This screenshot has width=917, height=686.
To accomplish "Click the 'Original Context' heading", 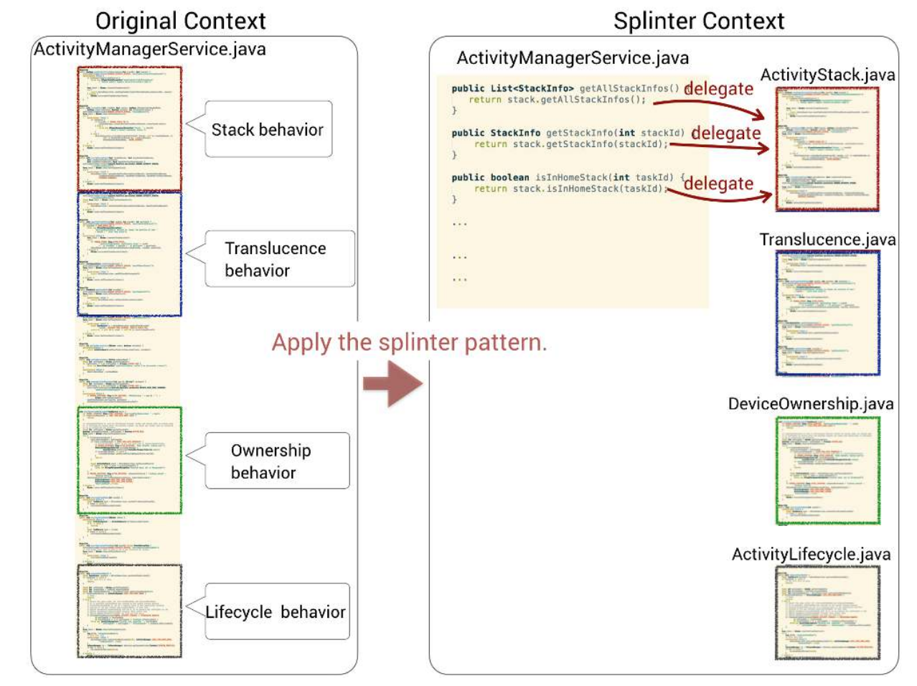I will pyautogui.click(x=180, y=21).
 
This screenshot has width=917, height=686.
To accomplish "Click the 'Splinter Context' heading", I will pyautogui.click(x=698, y=21).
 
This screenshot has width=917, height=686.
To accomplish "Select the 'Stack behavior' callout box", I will pyautogui.click(x=268, y=130).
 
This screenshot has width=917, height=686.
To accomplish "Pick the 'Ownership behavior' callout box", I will pyautogui.click(x=276, y=461).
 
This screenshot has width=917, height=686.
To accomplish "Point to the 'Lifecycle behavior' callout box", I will pyautogui.click(x=276, y=612).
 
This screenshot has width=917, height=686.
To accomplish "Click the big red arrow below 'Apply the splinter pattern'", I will pyautogui.click(x=392, y=384).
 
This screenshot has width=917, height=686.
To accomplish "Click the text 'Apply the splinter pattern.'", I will pyautogui.click(x=409, y=342).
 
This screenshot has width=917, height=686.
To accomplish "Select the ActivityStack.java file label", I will pyautogui.click(x=827, y=75).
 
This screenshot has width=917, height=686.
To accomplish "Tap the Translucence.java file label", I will pyautogui.click(x=827, y=239).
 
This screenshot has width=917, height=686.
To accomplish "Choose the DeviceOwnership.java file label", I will pyautogui.click(x=811, y=403).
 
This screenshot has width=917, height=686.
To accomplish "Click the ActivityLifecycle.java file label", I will pyautogui.click(x=811, y=554).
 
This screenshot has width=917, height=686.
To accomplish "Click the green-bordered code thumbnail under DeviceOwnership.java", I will pyautogui.click(x=827, y=471).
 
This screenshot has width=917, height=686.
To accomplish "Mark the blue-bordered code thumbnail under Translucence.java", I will pyautogui.click(x=827, y=313).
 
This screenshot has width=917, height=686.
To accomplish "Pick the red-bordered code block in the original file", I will pyautogui.click(x=129, y=129).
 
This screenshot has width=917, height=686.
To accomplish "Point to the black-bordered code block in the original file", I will pyautogui.click(x=129, y=611).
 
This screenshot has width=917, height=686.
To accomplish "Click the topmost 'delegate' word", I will pyautogui.click(x=719, y=88).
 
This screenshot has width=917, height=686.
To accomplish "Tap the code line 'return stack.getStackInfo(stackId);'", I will pyautogui.click(x=570, y=144).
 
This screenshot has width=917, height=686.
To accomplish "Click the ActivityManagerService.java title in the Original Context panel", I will pyautogui.click(x=150, y=50).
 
